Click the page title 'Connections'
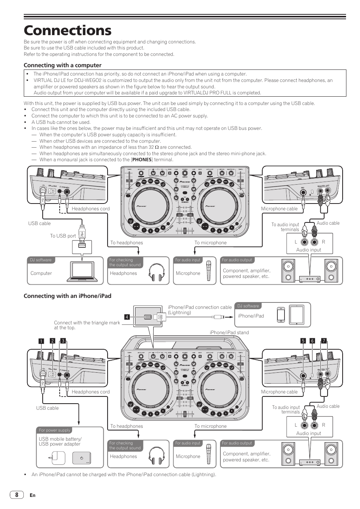pyautogui.click(x=68, y=30)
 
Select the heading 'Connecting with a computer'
pyautogui.click(x=63, y=65)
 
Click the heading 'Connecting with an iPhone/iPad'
pyautogui.click(x=68, y=296)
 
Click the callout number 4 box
pyautogui.click(x=127, y=317)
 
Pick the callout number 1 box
pyautogui.click(x=42, y=341)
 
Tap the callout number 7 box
pyautogui.click(x=323, y=341)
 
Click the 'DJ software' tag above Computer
pyautogui.click(x=41, y=260)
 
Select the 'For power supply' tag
pyautogui.click(x=54, y=430)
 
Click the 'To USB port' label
pyautogui.click(x=63, y=236)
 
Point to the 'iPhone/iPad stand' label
pyautogui.click(x=229, y=333)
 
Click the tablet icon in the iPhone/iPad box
pyautogui.click(x=297, y=314)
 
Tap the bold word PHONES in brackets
pyautogui.click(x=142, y=160)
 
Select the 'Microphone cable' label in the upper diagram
pyautogui.click(x=279, y=209)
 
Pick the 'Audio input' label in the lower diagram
pyautogui.click(x=308, y=433)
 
